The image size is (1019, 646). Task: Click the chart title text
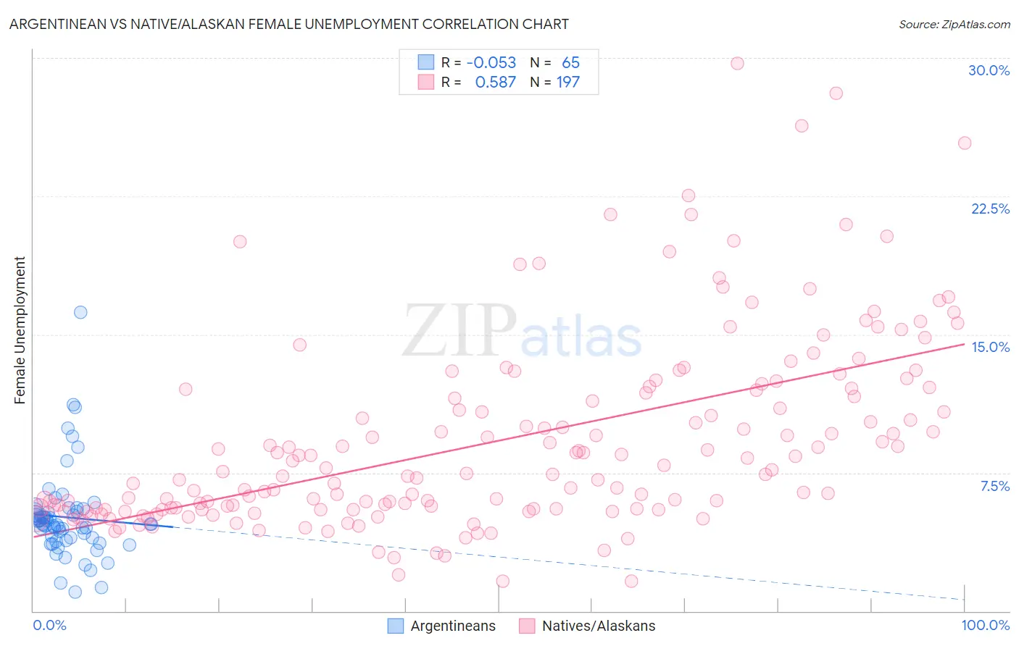coord(288,24)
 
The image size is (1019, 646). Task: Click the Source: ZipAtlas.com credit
coord(954,24)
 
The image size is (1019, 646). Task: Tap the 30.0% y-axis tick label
coord(989,70)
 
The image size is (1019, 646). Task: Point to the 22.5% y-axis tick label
coord(990,209)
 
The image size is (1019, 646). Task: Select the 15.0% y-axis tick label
coord(990,347)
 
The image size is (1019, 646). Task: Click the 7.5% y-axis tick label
coord(994,486)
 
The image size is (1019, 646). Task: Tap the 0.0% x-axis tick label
coord(49,625)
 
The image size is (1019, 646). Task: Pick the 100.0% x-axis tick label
coord(985,625)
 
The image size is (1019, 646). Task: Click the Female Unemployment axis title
coord(20,330)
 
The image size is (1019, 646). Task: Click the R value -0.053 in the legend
coord(491,62)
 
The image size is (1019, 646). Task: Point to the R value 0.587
coord(496,82)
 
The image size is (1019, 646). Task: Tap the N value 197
coord(568,82)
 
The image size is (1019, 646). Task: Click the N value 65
coord(570,62)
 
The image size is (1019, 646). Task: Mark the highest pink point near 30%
coord(737,63)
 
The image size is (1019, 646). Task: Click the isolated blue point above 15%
coord(80,312)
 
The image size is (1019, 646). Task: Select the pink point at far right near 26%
coord(965,143)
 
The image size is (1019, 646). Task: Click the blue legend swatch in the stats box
coord(425,62)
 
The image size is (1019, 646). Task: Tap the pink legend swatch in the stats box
coord(425,82)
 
